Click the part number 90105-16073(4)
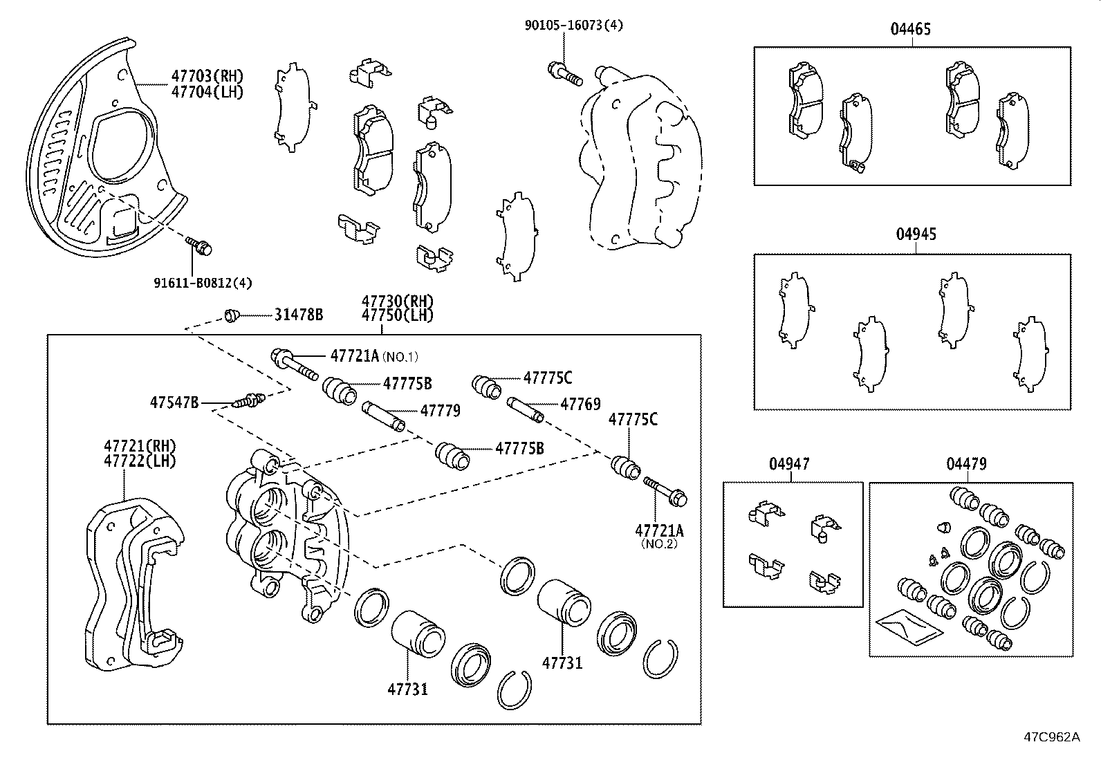[x=573, y=26]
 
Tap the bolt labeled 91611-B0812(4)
[x=199, y=245]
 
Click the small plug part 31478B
[x=232, y=316]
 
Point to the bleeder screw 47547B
[x=250, y=400]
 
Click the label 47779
[x=440, y=411]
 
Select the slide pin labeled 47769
[x=526, y=409]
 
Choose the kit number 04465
[x=910, y=29]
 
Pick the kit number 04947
[x=788, y=464]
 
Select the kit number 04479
[x=966, y=464]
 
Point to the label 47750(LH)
[x=397, y=315]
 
